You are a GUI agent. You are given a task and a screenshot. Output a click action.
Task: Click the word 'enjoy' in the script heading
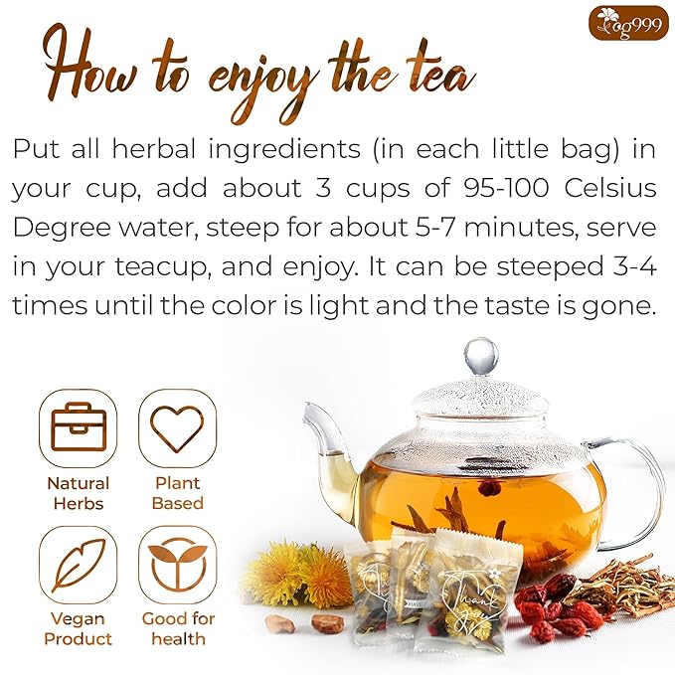262,73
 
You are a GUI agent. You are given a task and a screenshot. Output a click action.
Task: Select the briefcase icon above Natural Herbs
78,427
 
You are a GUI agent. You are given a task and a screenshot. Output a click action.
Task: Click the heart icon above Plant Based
177,427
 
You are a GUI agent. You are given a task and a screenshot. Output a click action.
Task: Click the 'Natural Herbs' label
78,493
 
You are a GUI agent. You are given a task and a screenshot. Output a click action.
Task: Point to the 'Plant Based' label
177,493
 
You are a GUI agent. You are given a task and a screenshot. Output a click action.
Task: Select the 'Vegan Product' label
78,629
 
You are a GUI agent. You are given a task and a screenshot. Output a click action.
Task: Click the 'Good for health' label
177,629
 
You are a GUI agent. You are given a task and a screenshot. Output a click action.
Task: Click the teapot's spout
326,437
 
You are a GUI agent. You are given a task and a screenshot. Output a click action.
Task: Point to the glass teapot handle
636,487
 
